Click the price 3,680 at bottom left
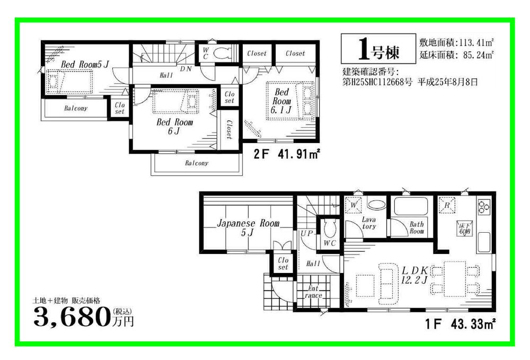click(x=72, y=317)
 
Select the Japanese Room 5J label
click(x=248, y=228)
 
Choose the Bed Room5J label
click(x=85, y=65)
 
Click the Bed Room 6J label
click(x=174, y=126)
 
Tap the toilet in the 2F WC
click(x=222, y=54)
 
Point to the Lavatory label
click(x=369, y=223)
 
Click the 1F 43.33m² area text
click(x=461, y=322)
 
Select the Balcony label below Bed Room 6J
click(x=197, y=163)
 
